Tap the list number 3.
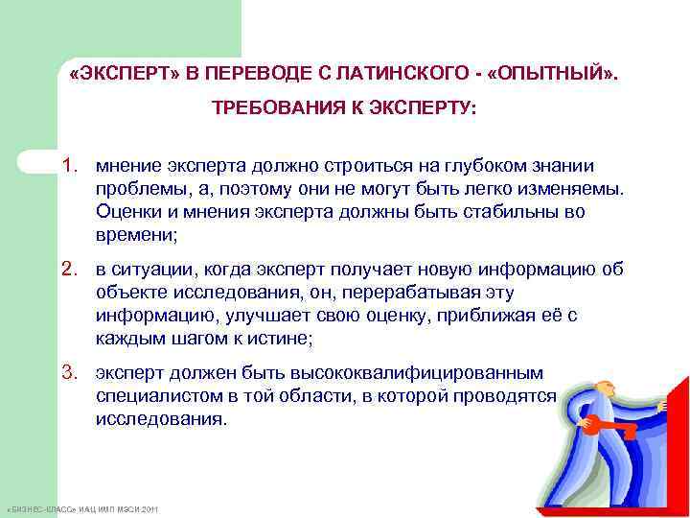click(x=71, y=372)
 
